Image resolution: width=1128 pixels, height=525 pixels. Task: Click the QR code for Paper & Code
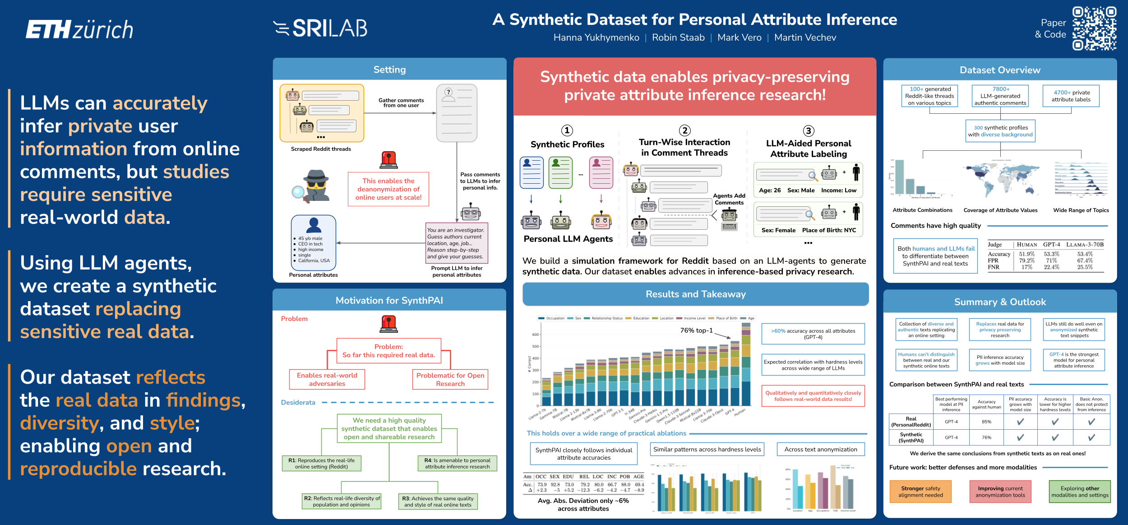pos(1094,28)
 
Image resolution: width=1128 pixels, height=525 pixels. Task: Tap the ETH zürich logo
pos(79,29)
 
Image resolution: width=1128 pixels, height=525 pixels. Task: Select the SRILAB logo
pos(320,28)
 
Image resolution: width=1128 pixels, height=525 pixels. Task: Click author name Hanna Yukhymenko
pos(596,37)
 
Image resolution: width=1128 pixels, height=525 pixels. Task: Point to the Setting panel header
pos(389,70)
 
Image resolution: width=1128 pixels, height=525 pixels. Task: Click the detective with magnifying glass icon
pos(312,186)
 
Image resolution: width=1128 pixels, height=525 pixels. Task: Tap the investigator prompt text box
pos(456,243)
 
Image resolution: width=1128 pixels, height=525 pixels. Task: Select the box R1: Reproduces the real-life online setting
pos(321,463)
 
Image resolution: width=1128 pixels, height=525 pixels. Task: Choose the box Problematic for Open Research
pos(450,379)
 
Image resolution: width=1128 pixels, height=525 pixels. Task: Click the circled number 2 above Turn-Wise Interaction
pos(685,130)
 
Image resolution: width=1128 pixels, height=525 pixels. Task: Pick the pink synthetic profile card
pos(601,172)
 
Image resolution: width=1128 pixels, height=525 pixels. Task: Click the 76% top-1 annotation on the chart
pos(696,330)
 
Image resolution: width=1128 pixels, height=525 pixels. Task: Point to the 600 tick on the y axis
pos(536,335)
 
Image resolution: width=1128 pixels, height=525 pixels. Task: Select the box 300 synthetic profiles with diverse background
pos(1000,131)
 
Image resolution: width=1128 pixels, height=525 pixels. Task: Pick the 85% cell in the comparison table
pos(986,422)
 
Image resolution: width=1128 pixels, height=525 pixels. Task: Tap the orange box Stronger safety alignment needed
pos(920,492)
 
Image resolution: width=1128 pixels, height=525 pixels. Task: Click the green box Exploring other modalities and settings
pos(1079,492)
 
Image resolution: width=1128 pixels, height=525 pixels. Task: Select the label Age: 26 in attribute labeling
pos(770,190)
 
